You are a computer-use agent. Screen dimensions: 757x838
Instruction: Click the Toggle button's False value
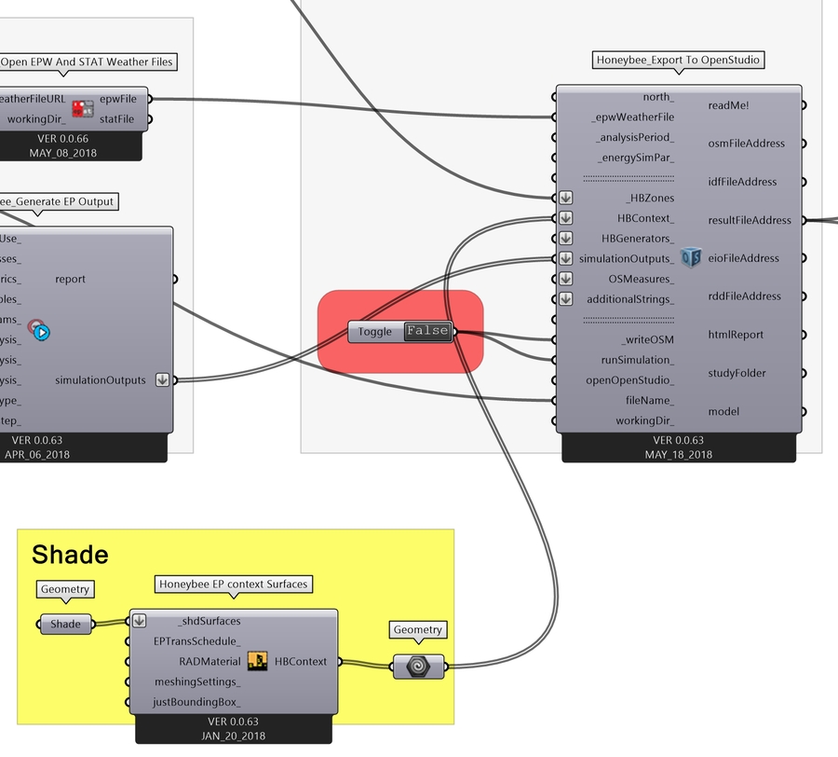pos(427,331)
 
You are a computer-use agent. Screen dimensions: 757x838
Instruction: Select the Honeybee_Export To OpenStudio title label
pos(678,61)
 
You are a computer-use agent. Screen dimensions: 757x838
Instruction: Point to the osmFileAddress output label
pos(746,144)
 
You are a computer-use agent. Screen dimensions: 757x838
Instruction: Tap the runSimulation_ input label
pos(638,360)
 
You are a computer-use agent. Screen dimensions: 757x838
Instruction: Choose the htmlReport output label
pos(736,335)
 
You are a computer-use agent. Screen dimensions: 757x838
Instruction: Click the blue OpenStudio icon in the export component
pos(690,258)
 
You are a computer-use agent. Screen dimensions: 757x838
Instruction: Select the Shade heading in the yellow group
pos(70,556)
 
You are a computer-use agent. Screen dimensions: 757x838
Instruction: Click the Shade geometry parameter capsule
pos(65,625)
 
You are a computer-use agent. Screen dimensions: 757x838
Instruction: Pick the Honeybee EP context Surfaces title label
pos(233,585)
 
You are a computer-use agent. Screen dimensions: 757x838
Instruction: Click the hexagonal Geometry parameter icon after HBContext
pos(418,667)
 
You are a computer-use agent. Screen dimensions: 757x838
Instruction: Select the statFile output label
pos(116,119)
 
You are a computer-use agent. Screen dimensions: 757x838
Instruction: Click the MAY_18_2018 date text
pos(679,455)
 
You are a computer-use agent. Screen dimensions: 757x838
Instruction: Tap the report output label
pos(71,279)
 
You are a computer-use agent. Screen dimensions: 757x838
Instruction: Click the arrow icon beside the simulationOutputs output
pos(163,380)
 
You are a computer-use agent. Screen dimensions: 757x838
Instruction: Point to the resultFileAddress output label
pos(750,220)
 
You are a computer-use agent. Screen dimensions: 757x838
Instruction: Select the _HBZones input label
pos(650,199)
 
